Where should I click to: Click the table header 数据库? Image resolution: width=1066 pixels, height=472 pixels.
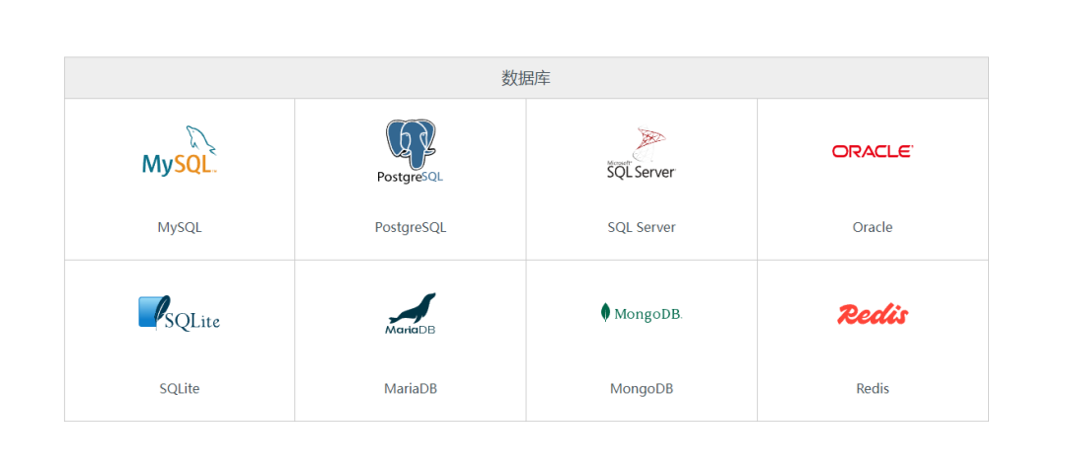[x=526, y=78]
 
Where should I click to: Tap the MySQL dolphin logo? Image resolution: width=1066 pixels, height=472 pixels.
[x=180, y=152]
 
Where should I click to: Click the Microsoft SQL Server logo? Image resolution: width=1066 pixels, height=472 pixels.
[x=642, y=154]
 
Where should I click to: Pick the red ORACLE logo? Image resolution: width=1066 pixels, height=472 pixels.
[x=873, y=151]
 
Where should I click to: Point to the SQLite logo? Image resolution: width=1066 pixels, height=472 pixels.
[x=179, y=314]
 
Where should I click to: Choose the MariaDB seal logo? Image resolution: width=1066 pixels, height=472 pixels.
[x=411, y=314]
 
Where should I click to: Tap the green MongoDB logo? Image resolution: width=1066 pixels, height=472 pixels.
[x=642, y=314]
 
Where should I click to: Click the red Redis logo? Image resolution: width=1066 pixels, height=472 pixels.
[x=873, y=314]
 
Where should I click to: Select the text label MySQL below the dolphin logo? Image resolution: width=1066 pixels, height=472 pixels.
[x=180, y=227]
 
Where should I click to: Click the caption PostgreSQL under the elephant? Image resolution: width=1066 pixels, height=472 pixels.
[x=411, y=227]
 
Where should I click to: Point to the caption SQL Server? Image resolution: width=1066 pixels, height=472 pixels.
[x=642, y=227]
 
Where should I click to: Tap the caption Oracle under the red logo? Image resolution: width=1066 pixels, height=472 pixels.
[x=873, y=227]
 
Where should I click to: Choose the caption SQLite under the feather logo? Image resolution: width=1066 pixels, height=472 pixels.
[x=180, y=389]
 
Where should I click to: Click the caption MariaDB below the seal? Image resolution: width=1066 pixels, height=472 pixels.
[x=411, y=389]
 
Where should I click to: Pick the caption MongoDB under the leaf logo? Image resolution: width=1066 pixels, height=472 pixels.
[x=642, y=389]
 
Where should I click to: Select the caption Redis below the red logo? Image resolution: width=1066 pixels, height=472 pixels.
[x=873, y=389]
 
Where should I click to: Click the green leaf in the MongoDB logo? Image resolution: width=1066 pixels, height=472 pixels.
[x=605, y=313]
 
